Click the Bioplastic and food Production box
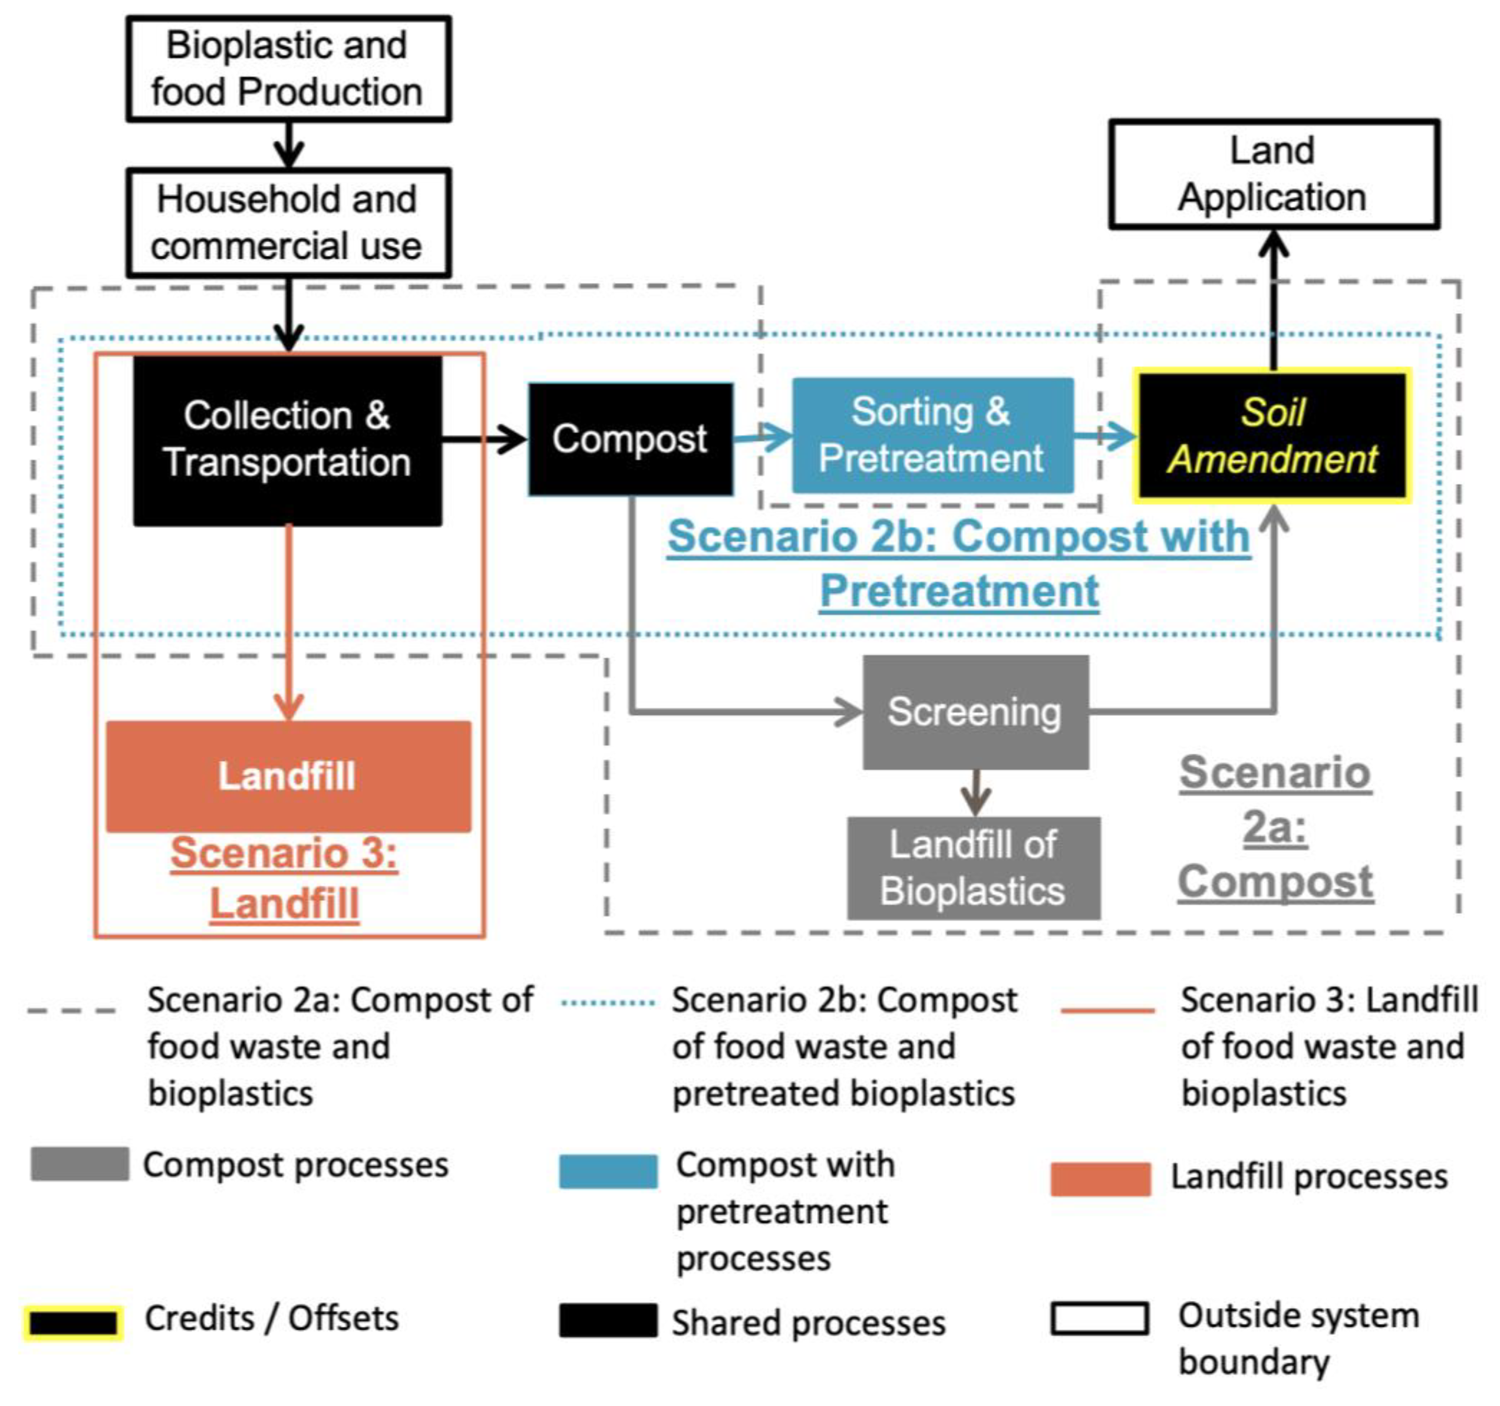coord(288,69)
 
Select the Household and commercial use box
coord(288,223)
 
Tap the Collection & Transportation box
coord(288,440)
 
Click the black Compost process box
coord(630,439)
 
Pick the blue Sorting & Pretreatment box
coord(933,435)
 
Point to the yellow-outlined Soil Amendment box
coord(1272,435)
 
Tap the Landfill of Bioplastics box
coord(973,868)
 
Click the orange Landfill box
coord(288,776)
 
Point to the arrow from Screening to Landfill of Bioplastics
coord(976,792)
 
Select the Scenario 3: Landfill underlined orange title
coord(284,878)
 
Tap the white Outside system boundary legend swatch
coord(1100,1319)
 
